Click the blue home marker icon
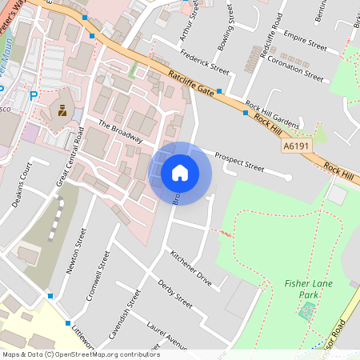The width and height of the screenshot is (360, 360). (180, 173)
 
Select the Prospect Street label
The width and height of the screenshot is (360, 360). (238, 162)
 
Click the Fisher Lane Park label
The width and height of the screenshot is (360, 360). (302, 289)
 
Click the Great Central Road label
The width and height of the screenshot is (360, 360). (70, 158)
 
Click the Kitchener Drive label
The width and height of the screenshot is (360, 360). (191, 269)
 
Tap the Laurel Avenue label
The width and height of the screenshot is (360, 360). (167, 334)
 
